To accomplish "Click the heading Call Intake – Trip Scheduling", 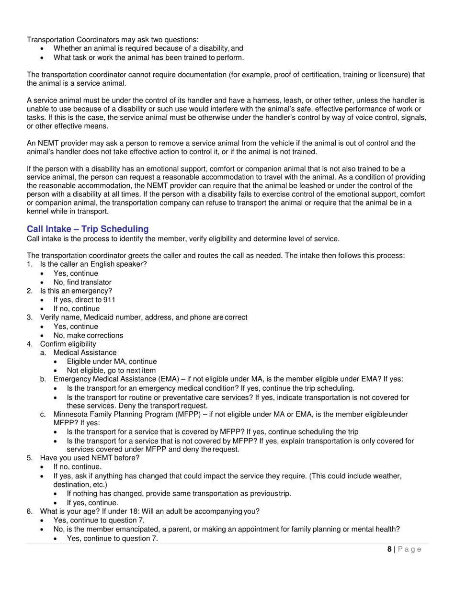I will (x=88, y=229).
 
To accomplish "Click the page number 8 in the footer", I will (x=389, y=549).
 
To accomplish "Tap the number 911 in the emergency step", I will (x=109, y=300).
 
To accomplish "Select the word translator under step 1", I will (x=96, y=282).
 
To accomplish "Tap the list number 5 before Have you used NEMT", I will (x=30, y=458).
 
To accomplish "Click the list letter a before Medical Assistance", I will (x=43, y=353).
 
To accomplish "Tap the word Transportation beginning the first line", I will (x=51, y=40).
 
